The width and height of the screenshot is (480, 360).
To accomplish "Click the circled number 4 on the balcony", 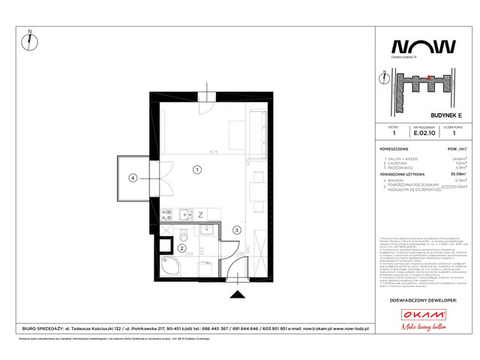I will coord(133,178).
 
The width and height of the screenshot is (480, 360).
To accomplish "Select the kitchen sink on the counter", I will coord(186,214).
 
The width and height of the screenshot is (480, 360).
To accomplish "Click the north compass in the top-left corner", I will coord(29,37).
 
